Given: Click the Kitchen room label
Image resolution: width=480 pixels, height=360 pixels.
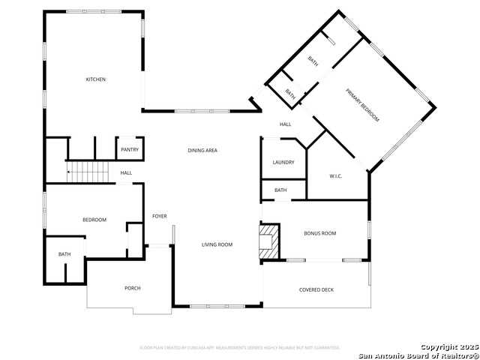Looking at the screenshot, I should [95, 79].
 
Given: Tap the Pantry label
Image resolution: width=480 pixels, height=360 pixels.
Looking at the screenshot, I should [129, 149].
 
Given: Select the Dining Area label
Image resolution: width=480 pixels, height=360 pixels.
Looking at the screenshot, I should [202, 151].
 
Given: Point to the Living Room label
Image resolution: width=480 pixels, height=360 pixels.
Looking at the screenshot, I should [217, 244].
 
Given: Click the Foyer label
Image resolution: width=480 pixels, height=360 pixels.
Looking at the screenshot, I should [160, 217].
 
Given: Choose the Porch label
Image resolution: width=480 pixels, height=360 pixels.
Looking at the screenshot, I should [133, 288].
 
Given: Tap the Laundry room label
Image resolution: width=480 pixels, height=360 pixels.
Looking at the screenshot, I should [283, 162].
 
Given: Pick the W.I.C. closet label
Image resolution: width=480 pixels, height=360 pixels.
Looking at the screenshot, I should [336, 176].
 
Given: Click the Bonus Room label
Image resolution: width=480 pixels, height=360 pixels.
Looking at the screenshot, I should [320, 233].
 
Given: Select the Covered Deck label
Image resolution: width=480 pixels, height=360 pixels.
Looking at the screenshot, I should [316, 289].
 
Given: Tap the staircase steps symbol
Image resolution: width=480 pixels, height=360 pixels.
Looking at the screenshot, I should [88, 172].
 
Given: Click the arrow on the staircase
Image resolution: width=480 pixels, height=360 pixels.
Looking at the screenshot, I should [70, 172].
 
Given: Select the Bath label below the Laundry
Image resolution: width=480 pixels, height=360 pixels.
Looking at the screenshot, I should [280, 190].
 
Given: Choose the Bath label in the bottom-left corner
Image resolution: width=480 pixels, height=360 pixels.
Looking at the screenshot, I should [64, 254].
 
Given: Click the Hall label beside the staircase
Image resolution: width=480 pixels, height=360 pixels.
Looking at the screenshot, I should [126, 173].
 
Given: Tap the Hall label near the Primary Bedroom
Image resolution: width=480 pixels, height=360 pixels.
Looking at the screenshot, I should [286, 124].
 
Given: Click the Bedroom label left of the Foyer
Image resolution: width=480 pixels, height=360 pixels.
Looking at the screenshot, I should [94, 220].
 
